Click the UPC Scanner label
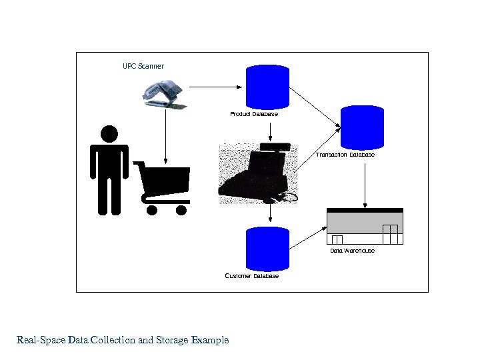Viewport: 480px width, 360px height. pyautogui.click(x=143, y=66)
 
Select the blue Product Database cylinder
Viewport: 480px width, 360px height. pyautogui.click(x=268, y=86)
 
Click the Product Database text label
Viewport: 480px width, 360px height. pyautogui.click(x=254, y=114)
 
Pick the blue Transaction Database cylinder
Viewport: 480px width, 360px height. pyautogui.click(x=363, y=127)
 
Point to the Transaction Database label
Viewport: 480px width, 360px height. pyautogui.click(x=345, y=155)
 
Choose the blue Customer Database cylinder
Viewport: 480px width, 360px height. pyautogui.click(x=267, y=247)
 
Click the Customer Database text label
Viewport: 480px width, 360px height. pyautogui.click(x=252, y=276)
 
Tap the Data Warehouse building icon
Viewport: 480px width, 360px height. pyautogui.click(x=365, y=227)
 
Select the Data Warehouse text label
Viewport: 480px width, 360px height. pyautogui.click(x=352, y=251)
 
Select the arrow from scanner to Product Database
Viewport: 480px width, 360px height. pyautogui.click(x=215, y=86)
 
